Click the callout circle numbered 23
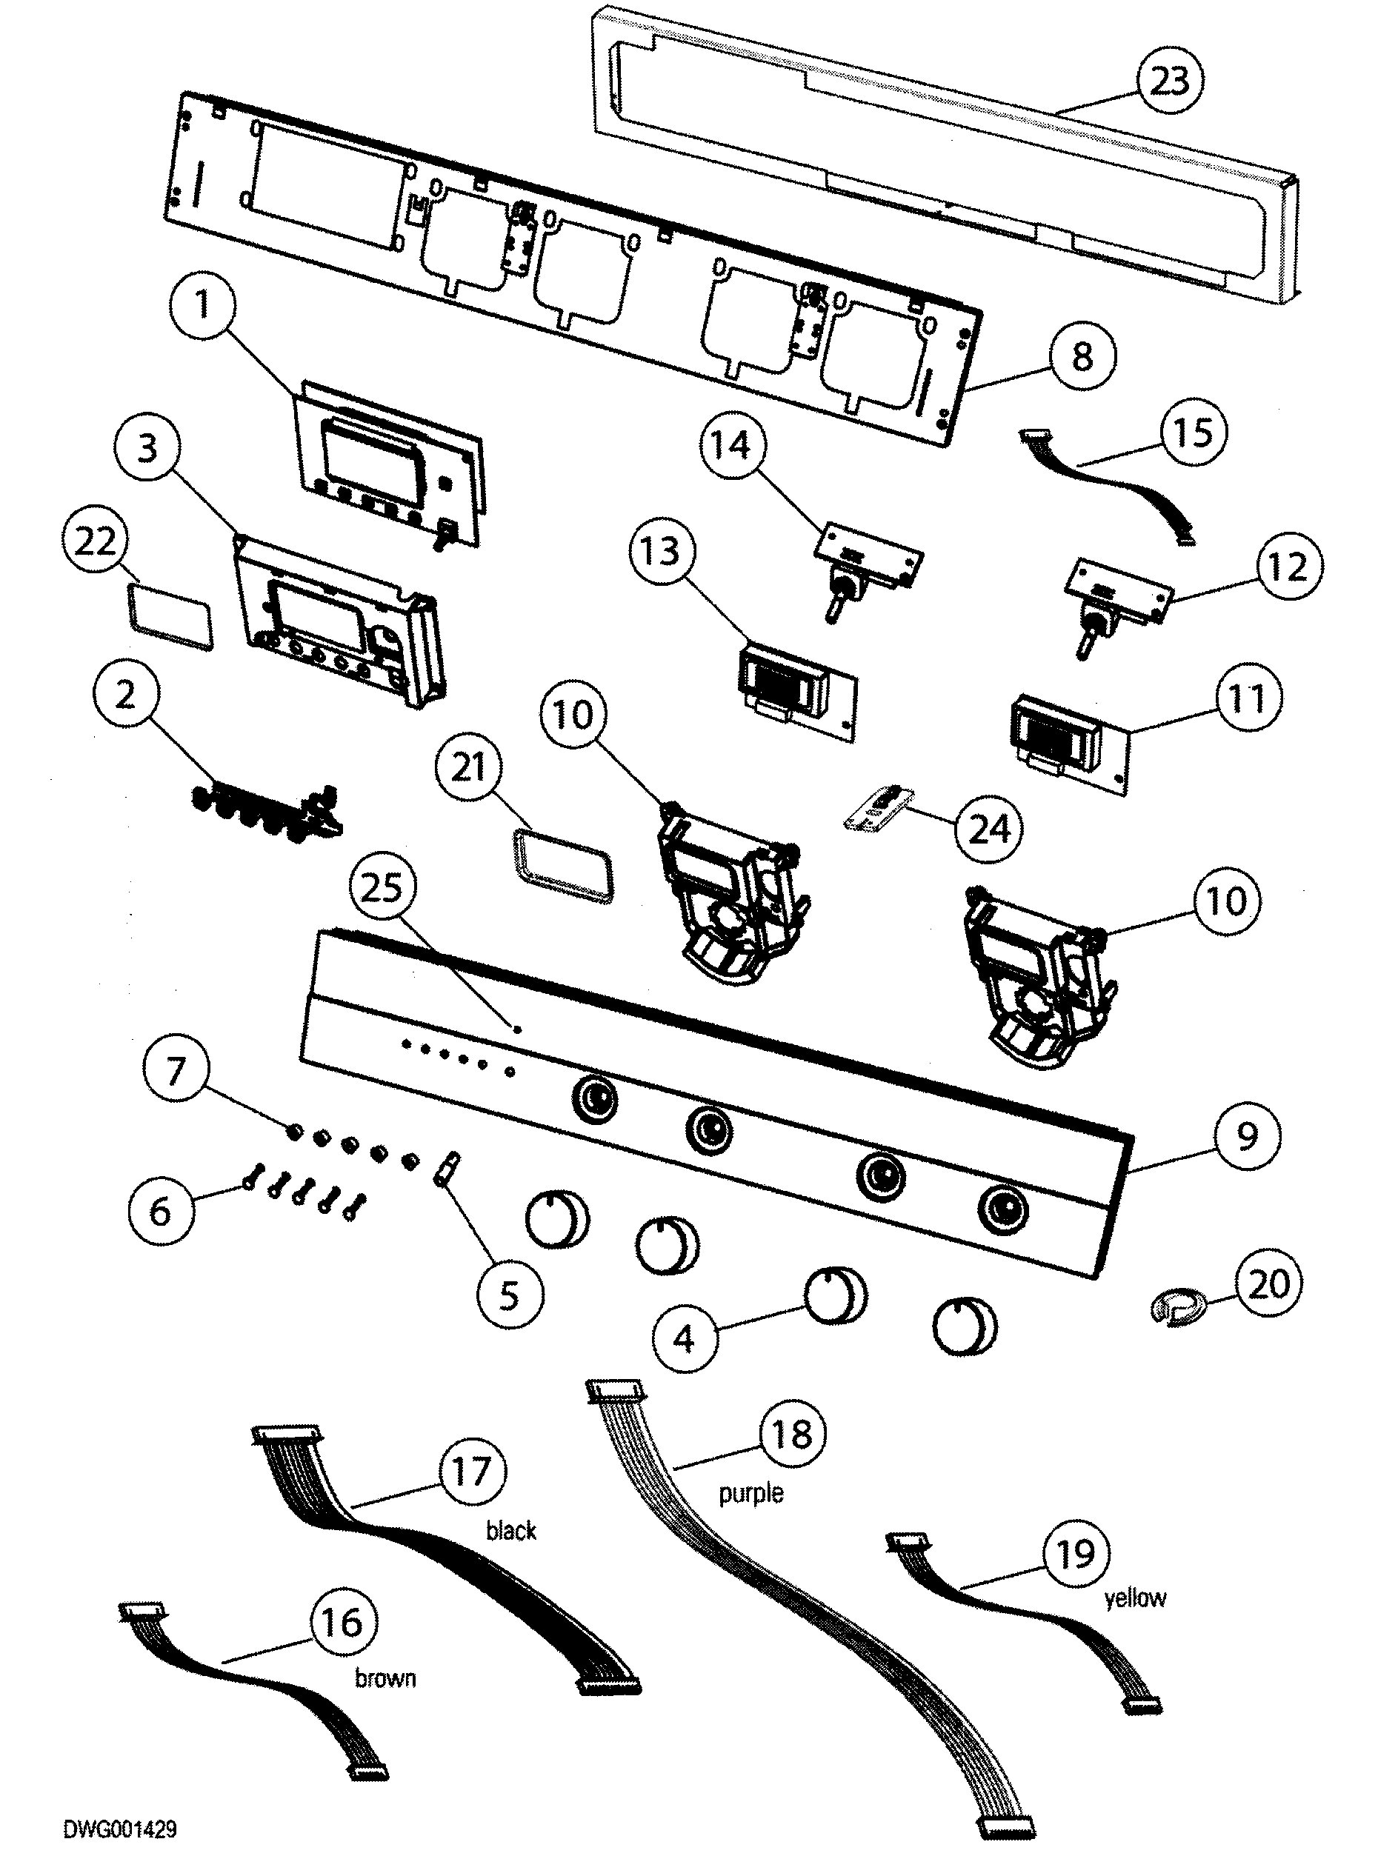[1170, 81]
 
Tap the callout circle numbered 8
[1081, 357]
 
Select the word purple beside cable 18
[750, 1492]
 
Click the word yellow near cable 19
[1134, 1598]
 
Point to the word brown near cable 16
[385, 1678]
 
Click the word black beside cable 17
[510, 1530]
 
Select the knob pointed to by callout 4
[834, 1297]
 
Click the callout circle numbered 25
[382, 888]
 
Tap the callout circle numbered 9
[1246, 1136]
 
